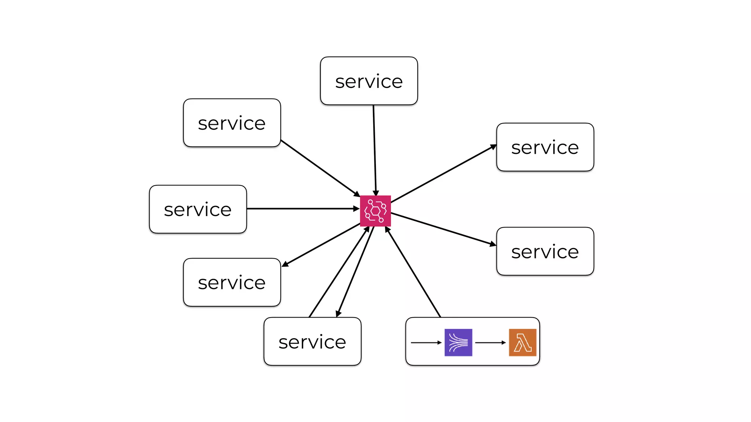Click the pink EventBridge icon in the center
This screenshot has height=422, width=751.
375,211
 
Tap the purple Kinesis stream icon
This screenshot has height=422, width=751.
458,342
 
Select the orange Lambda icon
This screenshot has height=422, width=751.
523,342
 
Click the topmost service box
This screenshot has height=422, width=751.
369,81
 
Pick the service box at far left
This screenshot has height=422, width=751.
198,209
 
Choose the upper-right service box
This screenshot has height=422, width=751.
545,147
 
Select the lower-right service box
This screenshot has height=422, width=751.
545,251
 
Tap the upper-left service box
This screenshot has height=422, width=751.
232,123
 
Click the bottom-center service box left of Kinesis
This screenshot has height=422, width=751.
312,341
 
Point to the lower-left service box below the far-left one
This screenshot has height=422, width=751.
232,282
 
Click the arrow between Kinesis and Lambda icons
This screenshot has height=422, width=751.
490,343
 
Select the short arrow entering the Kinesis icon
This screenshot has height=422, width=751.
426,343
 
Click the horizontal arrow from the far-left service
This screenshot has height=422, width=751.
303,208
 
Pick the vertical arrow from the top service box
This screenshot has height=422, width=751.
374,150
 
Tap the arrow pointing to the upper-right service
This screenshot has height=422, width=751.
444,174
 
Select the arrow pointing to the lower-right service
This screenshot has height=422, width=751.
444,229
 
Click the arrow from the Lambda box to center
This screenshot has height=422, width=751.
413,272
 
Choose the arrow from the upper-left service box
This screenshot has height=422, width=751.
320,168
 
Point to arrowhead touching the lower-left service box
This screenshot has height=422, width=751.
285,264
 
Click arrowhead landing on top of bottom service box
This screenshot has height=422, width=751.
338,314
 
